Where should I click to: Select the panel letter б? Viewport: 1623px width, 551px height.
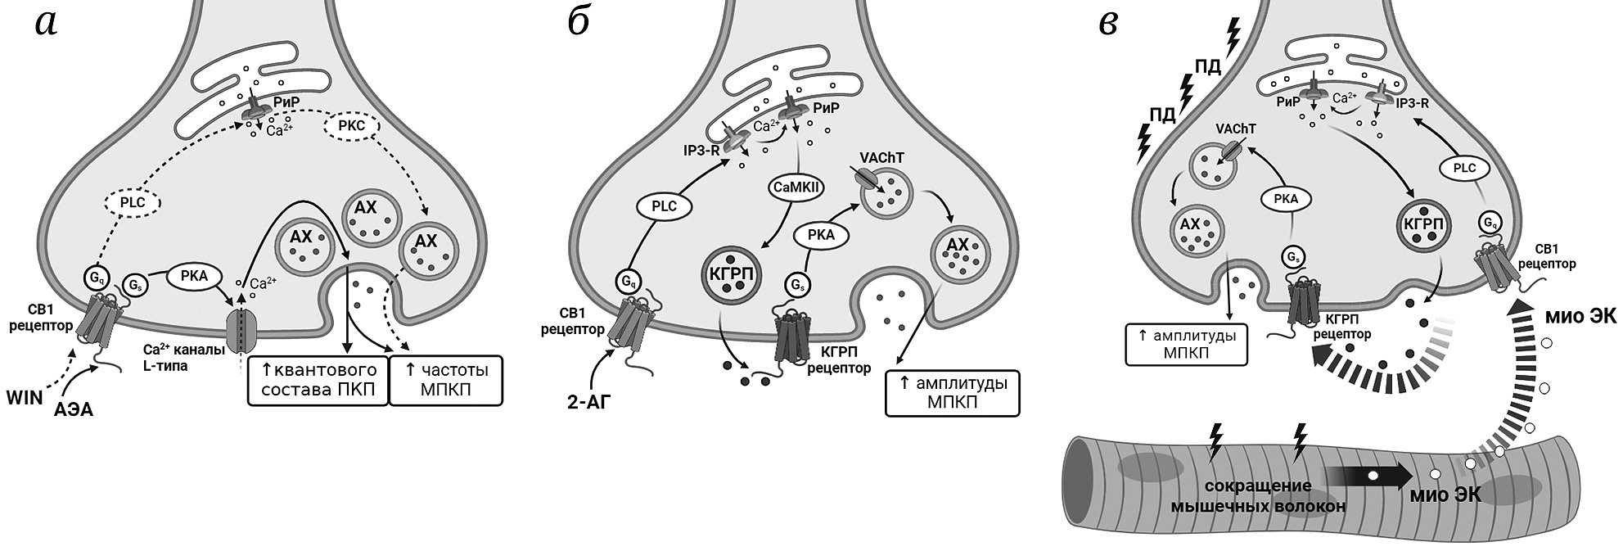(x=578, y=24)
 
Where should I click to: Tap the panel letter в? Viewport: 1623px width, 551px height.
(x=1108, y=24)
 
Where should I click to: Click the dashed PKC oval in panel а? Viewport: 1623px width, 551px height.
(x=354, y=127)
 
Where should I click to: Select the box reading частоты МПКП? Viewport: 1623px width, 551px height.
(x=446, y=380)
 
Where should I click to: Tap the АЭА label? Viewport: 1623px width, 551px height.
(x=74, y=409)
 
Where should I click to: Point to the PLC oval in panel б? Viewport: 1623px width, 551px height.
(x=664, y=206)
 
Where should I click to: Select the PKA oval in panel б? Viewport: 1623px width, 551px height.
(x=821, y=235)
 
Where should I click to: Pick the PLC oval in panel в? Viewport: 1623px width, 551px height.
(x=1465, y=168)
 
